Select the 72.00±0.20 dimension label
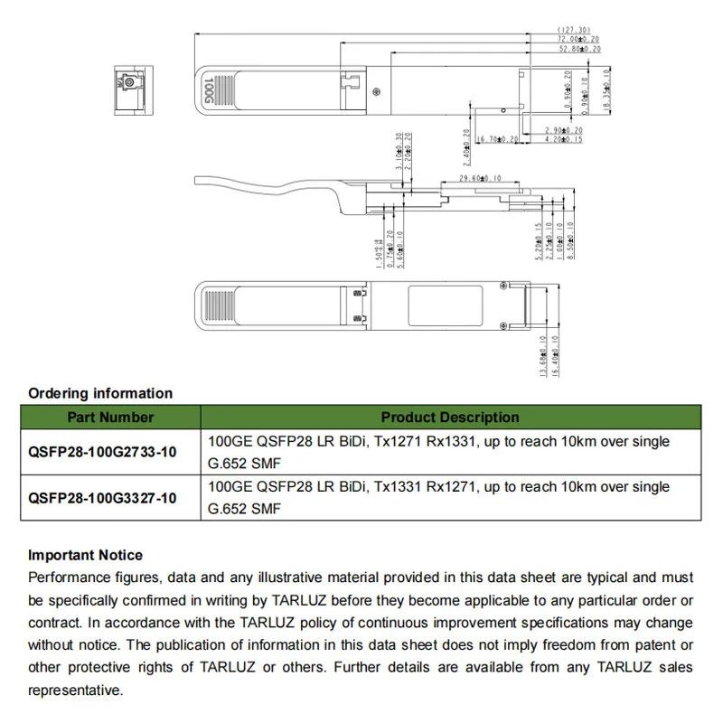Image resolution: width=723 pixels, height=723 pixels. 578,40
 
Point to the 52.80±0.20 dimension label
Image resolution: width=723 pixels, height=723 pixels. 578,50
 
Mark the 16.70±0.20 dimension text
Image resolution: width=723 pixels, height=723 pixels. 497,139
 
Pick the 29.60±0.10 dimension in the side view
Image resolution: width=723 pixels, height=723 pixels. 481,179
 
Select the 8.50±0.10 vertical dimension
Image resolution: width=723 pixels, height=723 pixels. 569,240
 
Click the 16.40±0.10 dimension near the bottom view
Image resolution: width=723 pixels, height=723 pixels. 555,354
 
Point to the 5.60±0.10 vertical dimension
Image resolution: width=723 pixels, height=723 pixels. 400,245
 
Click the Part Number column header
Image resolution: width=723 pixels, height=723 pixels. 110,418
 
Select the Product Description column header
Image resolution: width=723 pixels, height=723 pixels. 449,418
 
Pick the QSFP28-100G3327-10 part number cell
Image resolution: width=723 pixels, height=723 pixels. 102,498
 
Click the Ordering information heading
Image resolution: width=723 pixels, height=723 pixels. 100,393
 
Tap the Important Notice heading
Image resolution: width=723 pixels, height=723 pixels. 85,555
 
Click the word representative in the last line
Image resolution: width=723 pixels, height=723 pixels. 75,690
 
